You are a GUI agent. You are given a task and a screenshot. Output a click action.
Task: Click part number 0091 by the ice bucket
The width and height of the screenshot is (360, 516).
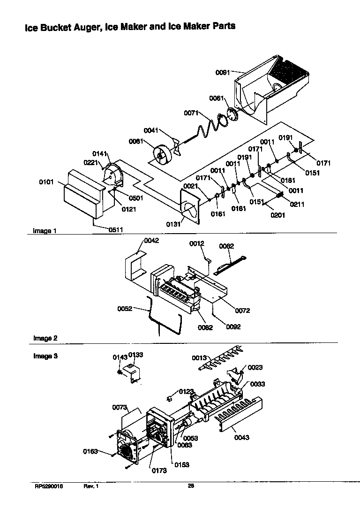[223, 72]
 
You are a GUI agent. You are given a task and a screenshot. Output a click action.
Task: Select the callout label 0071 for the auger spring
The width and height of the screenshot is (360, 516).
[191, 113]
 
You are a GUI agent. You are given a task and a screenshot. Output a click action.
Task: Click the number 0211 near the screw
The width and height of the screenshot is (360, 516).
[297, 204]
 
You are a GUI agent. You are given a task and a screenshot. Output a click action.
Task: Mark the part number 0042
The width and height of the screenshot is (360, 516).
[151, 241]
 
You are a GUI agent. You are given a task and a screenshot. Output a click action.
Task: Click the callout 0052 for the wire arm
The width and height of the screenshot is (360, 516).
[125, 308]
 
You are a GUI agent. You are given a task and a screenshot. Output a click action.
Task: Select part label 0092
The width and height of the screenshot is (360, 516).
[233, 326]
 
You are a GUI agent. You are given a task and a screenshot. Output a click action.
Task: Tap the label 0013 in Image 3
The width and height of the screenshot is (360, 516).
[199, 358]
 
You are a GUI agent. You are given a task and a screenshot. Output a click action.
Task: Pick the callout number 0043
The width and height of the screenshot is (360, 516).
[242, 438]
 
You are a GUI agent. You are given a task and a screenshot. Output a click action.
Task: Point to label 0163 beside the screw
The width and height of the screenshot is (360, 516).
[90, 451]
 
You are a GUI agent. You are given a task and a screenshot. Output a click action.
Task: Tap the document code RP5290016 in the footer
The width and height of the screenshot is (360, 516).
[48, 486]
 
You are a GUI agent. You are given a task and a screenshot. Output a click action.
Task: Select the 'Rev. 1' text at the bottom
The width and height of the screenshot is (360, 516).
[91, 486]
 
